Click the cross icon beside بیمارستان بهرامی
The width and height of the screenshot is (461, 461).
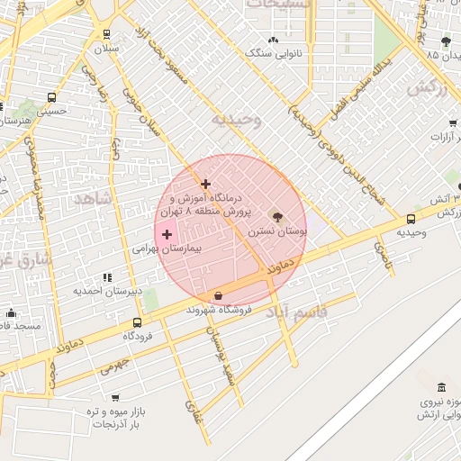pos(167,234)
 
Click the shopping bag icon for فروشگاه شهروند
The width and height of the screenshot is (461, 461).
pos(219,295)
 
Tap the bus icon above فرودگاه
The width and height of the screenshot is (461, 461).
pos(137,322)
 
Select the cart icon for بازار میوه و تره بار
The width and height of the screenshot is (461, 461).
pos(115,397)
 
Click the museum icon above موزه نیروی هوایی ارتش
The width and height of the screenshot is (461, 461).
pos(440,387)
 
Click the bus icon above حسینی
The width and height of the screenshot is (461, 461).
pos(51,97)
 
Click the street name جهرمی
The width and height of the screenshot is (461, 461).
pos(114,366)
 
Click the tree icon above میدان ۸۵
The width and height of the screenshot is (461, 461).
pos(446,41)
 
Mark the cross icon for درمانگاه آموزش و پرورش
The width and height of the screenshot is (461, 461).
pos(206,184)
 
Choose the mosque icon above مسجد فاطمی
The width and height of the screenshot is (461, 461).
pos(11,313)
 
